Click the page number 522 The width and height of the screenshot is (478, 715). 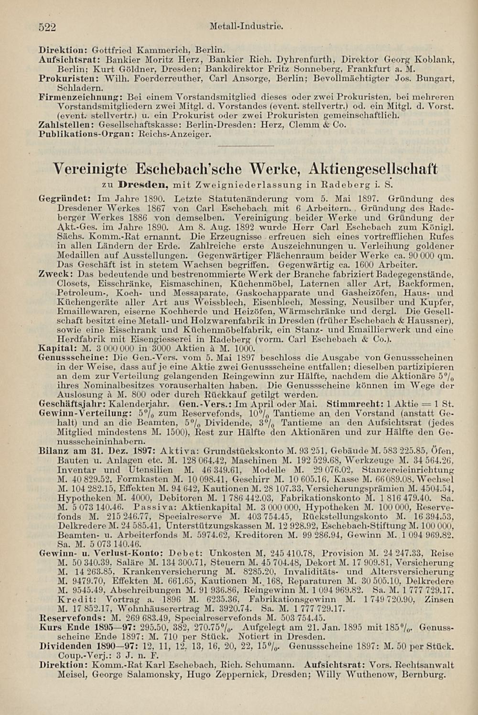pyautogui.click(x=48, y=27)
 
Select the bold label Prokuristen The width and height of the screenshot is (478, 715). pyautogui.click(x=61, y=77)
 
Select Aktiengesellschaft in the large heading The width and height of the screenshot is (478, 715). pyautogui.click(x=373, y=169)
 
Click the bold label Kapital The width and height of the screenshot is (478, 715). pyautogui.click(x=55, y=348)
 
